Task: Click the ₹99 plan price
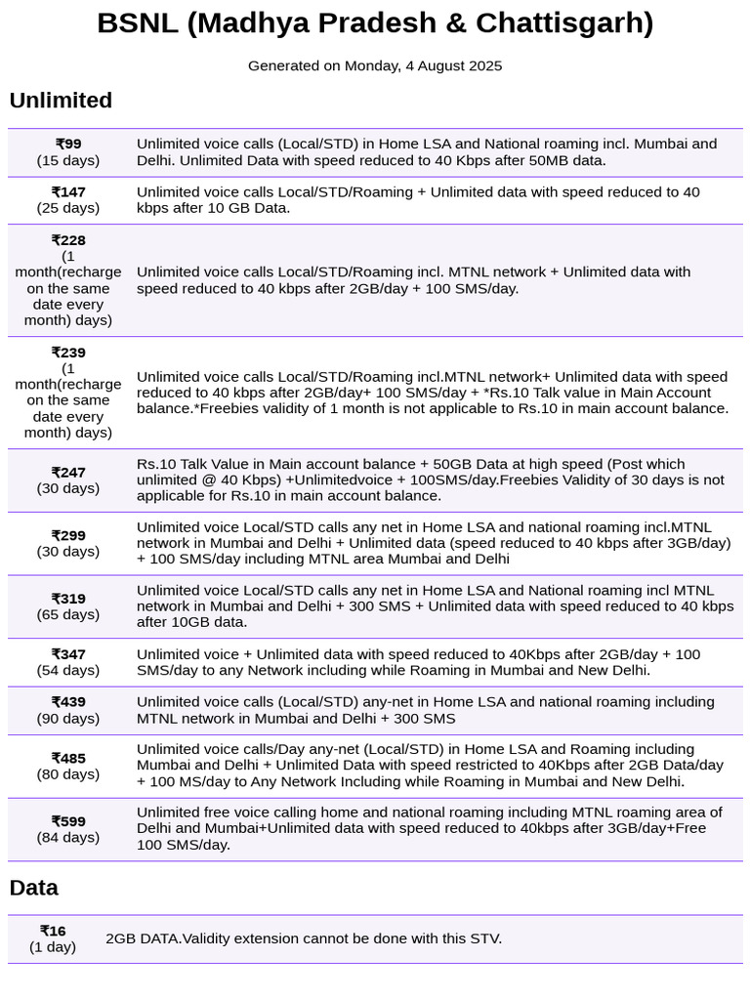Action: coord(68,145)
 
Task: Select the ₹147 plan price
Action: coord(68,192)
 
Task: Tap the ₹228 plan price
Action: coord(68,240)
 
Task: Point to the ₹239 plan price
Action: coord(68,353)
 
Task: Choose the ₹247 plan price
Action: coord(68,473)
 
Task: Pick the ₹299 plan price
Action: coord(68,536)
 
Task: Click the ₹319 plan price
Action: coord(68,599)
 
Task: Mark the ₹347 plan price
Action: coord(68,654)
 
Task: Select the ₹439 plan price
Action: coord(68,702)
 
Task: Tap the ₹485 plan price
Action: coord(68,758)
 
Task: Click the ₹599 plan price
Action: coord(68,821)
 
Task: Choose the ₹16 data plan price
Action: coord(53,931)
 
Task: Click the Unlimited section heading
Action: coord(61,101)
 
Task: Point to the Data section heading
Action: coord(34,888)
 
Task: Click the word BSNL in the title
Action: coord(137,23)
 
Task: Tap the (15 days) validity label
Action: coord(68,160)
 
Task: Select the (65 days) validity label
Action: coord(68,614)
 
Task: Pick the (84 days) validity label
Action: coord(68,837)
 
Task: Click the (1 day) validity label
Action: coord(53,946)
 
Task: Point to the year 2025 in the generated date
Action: coord(483,66)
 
